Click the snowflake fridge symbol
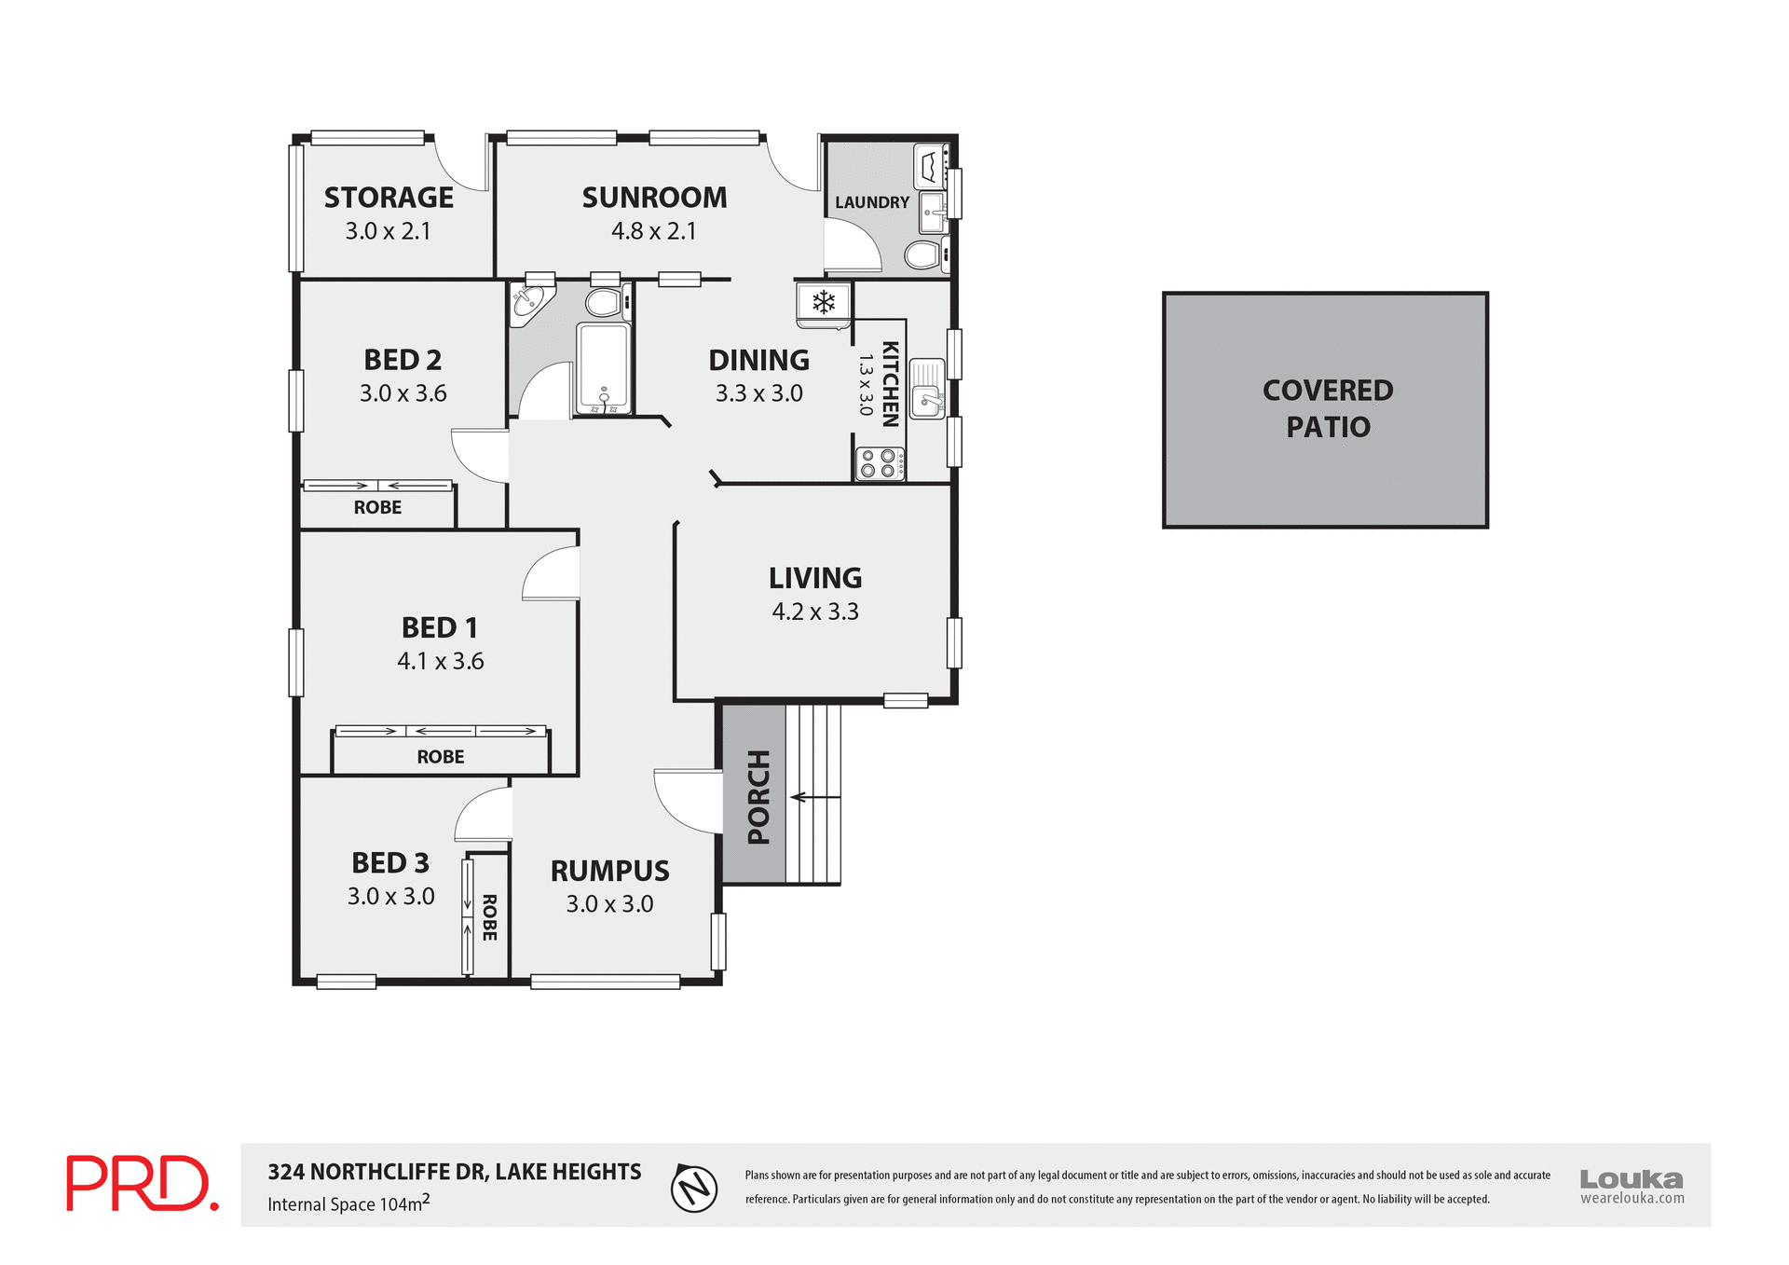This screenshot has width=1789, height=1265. pos(824,302)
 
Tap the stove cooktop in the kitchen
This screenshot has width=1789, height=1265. pos(880,463)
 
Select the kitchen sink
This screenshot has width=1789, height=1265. pos(927,389)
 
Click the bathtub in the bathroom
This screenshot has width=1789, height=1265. pos(604,367)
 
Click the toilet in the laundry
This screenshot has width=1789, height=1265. pos(923,254)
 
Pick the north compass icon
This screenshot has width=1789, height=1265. pos(694,1188)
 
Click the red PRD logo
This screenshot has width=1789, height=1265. pos(142,1183)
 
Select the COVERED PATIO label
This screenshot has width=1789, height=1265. pos(1328,408)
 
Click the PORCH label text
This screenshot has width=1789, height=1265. pos(759,797)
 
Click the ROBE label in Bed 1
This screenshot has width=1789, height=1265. pos(440,757)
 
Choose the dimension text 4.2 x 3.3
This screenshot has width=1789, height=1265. pos(815,612)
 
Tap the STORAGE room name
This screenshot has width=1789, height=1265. pos(389,198)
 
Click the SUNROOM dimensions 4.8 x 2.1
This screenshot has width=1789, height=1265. pos(654,231)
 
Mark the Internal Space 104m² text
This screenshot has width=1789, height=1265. pos(348,1203)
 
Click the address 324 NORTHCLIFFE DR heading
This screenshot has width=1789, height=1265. pos(455,1172)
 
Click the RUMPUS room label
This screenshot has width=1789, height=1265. pos(609,871)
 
